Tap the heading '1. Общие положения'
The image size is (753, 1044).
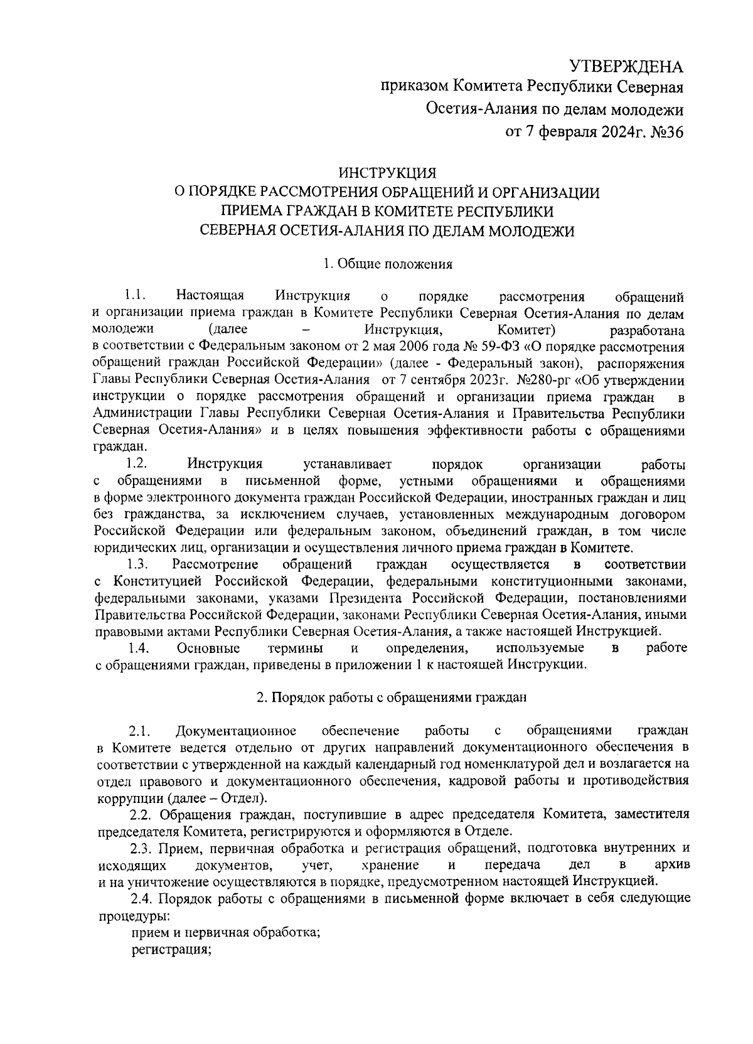click(x=388, y=264)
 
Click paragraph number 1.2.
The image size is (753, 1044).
click(x=136, y=464)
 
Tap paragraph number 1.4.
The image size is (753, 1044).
click(x=137, y=647)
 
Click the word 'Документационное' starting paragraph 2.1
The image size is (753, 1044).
click(x=236, y=731)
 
